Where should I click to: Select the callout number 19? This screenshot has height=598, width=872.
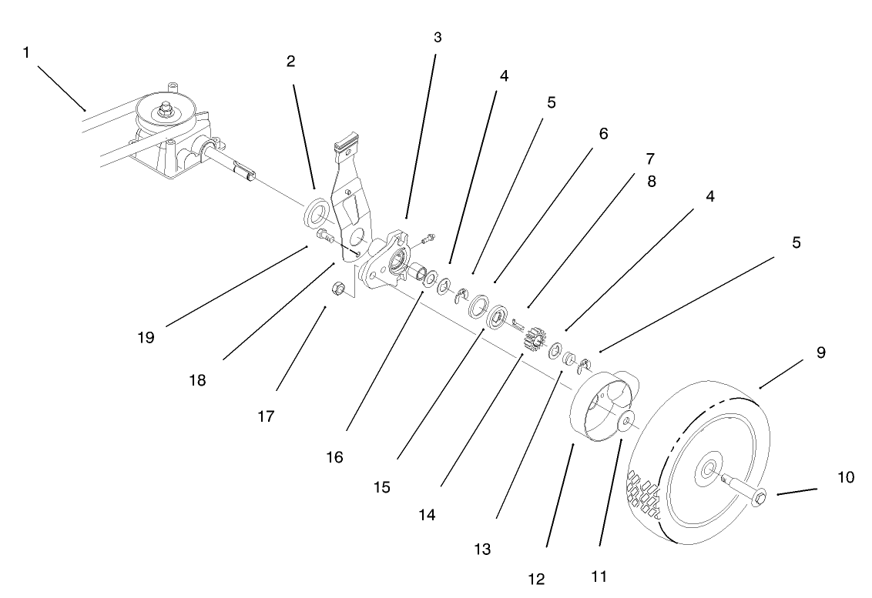pos(146,337)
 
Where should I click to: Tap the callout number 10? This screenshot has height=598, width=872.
pos(846,478)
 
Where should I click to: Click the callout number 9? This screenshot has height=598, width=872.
pos(820,352)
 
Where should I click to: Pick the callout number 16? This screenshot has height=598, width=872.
pos(336,457)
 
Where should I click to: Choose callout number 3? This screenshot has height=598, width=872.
pos(438,37)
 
